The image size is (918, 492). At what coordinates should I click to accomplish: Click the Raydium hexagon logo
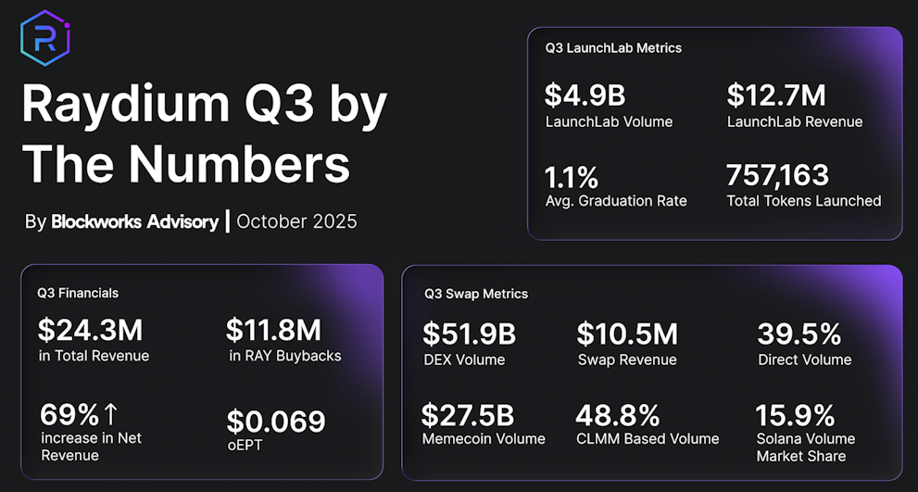45,37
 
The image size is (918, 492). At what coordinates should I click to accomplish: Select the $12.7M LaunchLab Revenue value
776,95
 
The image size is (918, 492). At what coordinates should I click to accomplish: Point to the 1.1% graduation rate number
572,175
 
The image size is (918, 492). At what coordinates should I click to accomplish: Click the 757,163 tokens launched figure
777,175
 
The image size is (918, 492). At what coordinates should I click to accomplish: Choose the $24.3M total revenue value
90,330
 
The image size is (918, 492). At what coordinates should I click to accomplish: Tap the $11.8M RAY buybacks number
273,330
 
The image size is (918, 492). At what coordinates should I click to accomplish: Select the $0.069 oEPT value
276,422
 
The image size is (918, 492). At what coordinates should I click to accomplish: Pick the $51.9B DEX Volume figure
469,334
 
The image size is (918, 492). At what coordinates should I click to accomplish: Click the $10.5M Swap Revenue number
627,334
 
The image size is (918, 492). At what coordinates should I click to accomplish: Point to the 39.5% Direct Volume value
799,334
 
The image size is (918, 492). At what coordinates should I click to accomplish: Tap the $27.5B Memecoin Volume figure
468,414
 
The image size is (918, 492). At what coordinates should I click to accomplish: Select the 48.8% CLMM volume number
618,414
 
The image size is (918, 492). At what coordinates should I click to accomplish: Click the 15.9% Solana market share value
795,414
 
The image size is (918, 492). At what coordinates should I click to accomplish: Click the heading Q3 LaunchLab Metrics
613,47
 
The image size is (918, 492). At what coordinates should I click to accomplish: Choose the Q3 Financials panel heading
78,293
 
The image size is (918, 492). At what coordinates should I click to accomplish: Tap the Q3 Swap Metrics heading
476,294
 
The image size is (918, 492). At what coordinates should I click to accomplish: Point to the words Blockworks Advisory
135,221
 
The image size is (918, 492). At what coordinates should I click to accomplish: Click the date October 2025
296,221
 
